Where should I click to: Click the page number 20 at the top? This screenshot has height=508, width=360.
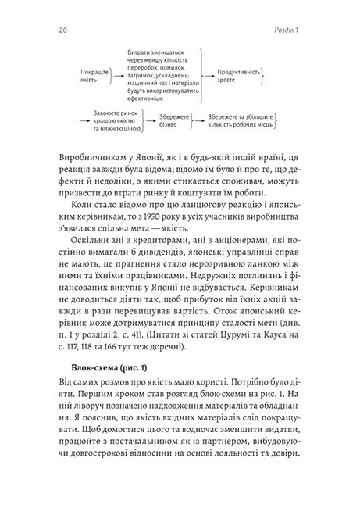(x=62, y=30)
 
